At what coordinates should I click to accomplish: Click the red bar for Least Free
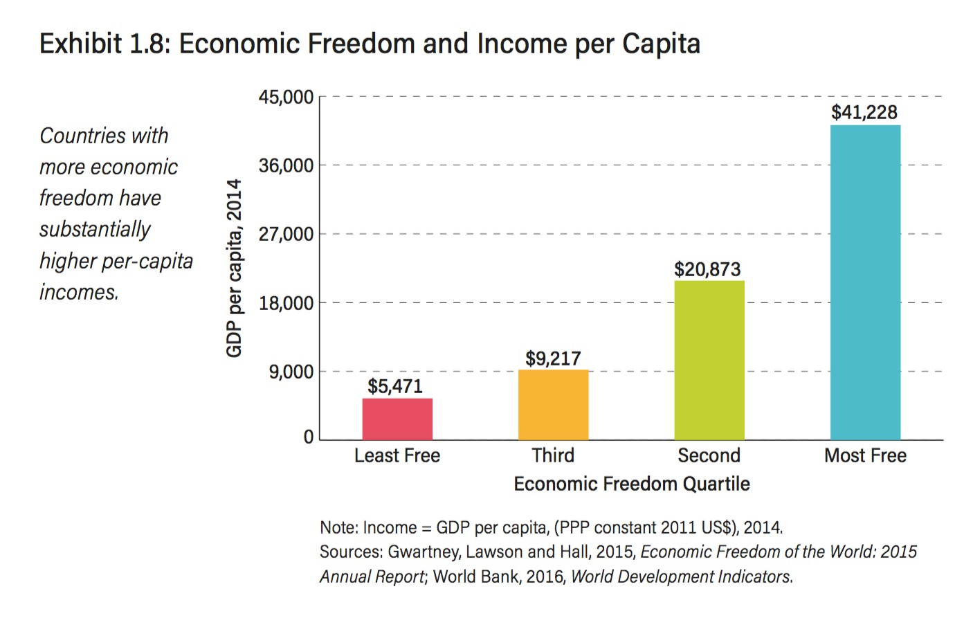(x=397, y=419)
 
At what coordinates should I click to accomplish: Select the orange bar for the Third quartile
(x=553, y=405)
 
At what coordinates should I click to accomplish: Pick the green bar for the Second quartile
(x=709, y=360)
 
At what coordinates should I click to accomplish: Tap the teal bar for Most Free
(x=865, y=282)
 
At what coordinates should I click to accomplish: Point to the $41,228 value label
(x=864, y=112)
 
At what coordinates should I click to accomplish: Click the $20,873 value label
(x=707, y=269)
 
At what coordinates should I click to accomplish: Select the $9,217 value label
(x=553, y=358)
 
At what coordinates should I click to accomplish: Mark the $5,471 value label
(x=394, y=386)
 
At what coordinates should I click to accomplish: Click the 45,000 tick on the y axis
(x=286, y=97)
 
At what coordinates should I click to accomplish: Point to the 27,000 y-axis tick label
(x=286, y=235)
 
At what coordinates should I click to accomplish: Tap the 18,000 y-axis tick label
(x=286, y=303)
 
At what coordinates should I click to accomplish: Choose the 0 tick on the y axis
(x=309, y=437)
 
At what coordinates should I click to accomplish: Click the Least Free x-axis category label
(x=397, y=455)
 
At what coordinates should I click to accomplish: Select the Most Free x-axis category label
(x=865, y=455)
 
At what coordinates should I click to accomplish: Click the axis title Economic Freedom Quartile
(x=631, y=484)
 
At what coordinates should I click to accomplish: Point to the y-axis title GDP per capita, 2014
(x=235, y=268)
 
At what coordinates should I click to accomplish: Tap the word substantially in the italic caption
(x=95, y=229)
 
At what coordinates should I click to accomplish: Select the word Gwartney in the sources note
(x=422, y=552)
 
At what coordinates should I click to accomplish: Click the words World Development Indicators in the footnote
(x=681, y=576)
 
